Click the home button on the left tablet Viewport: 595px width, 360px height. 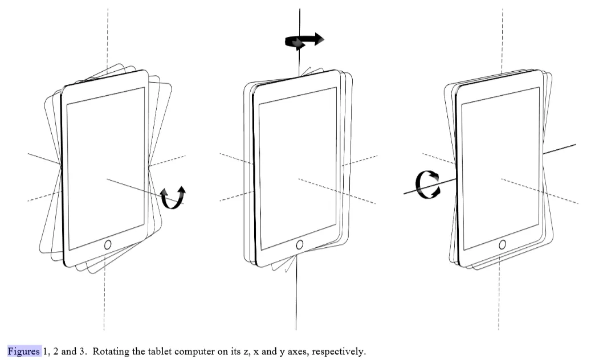pos(108,244)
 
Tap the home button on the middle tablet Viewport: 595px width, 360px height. pos(300,244)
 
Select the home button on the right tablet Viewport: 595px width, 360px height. pos(502,244)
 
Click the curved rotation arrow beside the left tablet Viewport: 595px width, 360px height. pos(173,197)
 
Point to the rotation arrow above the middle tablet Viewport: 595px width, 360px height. pos(304,41)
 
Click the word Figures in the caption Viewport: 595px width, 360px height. pos(24,351)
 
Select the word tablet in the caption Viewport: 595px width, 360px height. pos(156,351)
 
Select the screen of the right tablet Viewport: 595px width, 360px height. pos(500,168)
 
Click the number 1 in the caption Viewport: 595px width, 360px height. pos(46,351)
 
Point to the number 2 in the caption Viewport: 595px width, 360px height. pos(56,351)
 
